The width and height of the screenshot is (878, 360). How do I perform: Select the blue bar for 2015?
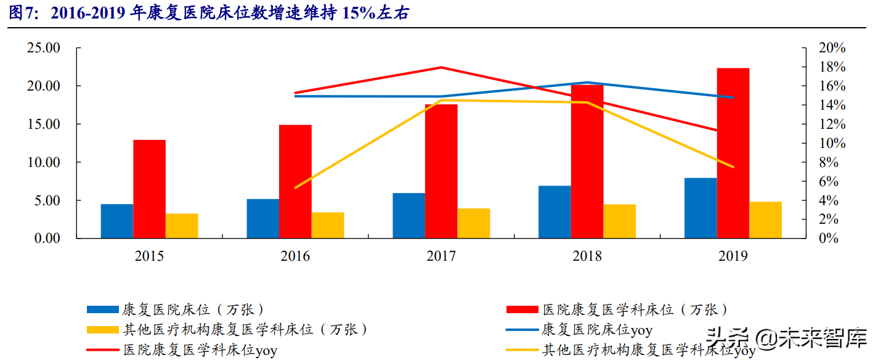click(x=117, y=221)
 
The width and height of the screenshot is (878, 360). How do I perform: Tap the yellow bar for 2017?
click(x=473, y=223)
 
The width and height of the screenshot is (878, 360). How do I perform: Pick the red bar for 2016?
click(x=295, y=181)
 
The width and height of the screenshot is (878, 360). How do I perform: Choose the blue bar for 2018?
click(x=555, y=211)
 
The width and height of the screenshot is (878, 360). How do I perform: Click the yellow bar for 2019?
click(x=765, y=219)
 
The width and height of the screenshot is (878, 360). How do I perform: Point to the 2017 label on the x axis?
click(x=441, y=256)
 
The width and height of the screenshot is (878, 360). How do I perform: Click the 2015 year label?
click(x=149, y=256)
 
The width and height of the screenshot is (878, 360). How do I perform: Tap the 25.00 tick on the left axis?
click(x=43, y=48)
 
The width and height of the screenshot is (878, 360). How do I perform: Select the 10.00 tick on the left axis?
click(x=43, y=162)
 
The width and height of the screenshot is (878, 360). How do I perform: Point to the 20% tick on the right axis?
click(x=832, y=48)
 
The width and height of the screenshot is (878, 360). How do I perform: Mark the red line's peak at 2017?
click(x=441, y=67)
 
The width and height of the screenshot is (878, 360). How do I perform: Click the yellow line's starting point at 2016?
click(x=296, y=187)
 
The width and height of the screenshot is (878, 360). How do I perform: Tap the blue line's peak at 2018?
click(x=587, y=82)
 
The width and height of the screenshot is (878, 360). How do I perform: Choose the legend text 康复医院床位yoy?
click(x=597, y=330)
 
